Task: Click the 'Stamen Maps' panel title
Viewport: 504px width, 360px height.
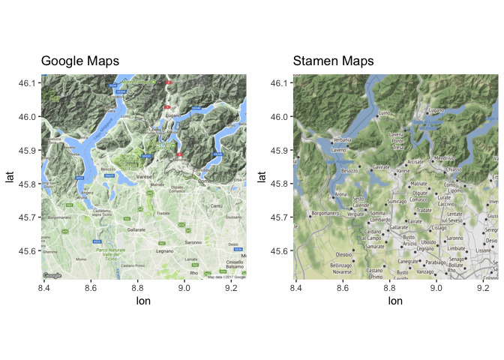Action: tap(333, 61)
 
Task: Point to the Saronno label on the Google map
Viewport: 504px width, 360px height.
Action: tap(193, 242)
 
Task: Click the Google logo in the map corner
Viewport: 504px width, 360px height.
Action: tap(52, 276)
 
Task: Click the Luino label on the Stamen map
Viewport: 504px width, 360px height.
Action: tap(385, 113)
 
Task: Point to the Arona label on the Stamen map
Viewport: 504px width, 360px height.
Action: tap(340, 194)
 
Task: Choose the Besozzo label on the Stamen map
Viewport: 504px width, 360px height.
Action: tap(349, 171)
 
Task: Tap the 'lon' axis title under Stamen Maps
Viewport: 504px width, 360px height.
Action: tap(394, 300)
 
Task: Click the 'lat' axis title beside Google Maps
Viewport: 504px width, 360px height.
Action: tap(10, 178)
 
